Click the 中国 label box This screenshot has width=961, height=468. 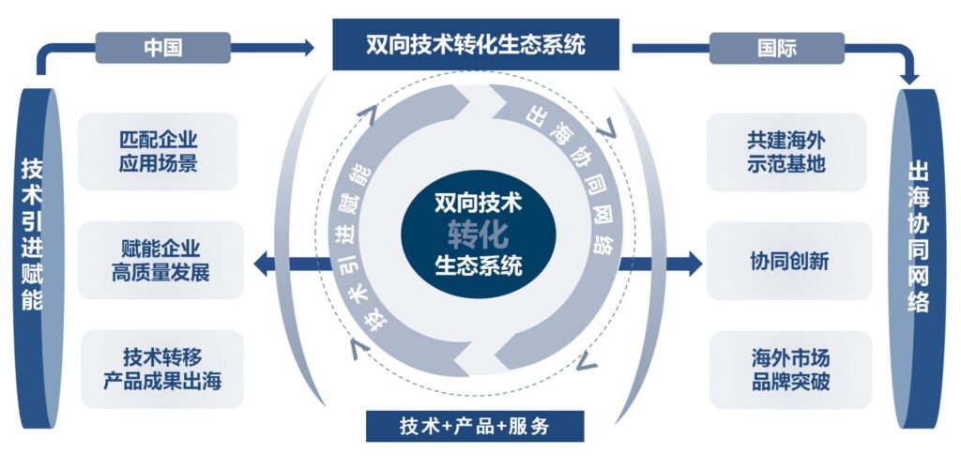coord(162,48)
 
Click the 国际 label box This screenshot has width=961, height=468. coord(776,48)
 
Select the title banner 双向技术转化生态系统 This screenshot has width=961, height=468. coord(476,45)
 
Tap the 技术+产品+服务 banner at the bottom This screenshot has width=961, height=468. coord(475,425)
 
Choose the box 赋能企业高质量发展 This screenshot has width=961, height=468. coord(160,261)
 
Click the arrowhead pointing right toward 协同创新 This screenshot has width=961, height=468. coord(692,263)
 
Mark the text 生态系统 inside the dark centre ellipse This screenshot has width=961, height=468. coord(478,264)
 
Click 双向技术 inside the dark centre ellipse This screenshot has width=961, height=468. coord(478,202)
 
